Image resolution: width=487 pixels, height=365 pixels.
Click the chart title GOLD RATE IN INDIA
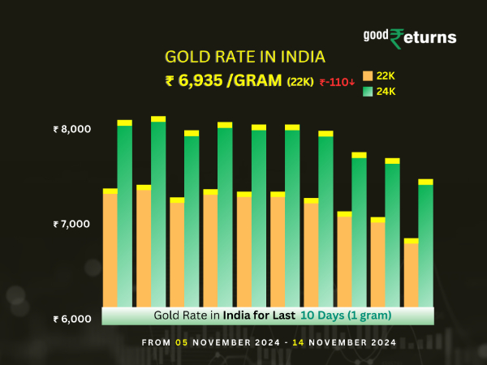[244, 57]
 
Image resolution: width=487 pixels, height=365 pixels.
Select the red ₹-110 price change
[336, 81]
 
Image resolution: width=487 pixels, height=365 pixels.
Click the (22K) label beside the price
[300, 81]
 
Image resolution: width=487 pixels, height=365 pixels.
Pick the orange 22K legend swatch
[368, 75]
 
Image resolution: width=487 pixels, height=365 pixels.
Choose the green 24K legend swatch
[368, 92]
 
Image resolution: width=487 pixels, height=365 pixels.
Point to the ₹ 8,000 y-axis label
[72, 129]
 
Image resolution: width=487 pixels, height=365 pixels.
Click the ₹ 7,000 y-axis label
[72, 224]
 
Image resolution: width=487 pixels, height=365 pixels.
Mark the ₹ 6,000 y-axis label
[72, 319]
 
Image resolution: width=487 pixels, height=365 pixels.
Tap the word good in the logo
[376, 36]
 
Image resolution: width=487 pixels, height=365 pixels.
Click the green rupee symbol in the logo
[397, 38]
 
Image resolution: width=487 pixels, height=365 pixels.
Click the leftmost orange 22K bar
[110, 247]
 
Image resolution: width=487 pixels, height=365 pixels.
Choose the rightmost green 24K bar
[425, 243]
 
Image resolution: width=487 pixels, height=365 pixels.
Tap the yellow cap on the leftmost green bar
[124, 122]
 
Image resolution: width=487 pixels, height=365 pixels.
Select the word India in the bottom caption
[236, 315]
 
